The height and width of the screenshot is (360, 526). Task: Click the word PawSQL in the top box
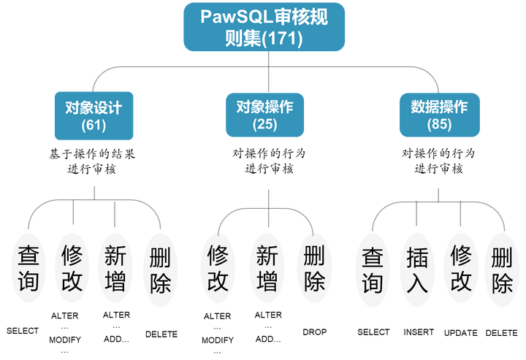coord(232,17)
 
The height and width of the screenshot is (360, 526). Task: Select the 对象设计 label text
coord(94,107)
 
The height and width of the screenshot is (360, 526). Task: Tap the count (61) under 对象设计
coord(94,125)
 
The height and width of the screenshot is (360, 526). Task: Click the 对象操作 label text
coord(264,107)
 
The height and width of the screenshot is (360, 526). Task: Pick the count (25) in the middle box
coord(264,124)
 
